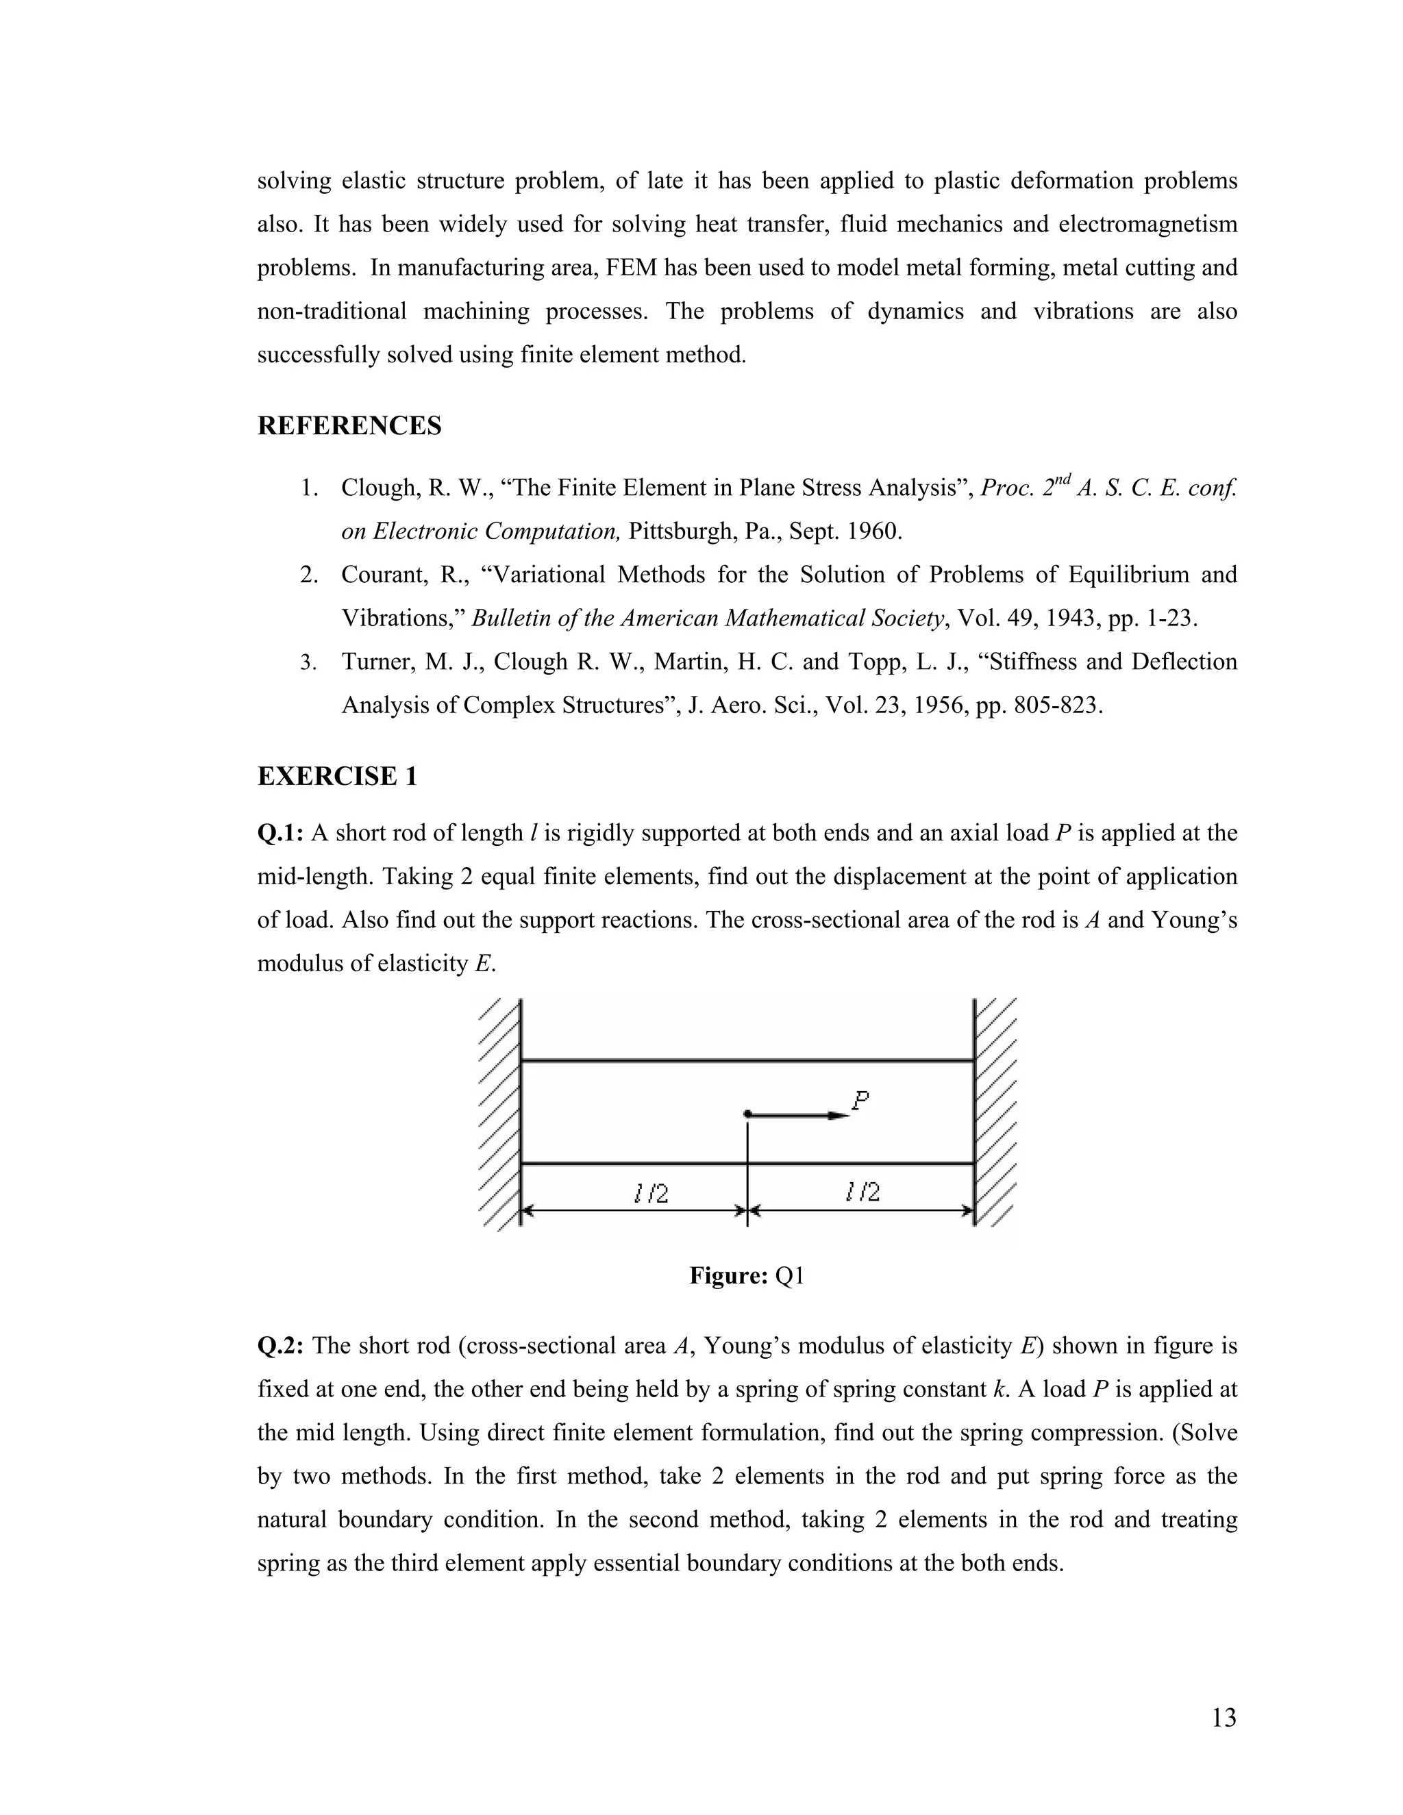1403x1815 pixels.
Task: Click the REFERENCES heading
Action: pos(349,425)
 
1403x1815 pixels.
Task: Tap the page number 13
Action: pos(1224,1718)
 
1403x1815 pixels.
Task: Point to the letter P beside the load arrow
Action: pos(861,1101)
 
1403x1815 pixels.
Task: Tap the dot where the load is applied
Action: pos(748,1114)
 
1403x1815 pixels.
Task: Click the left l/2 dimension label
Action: pos(650,1193)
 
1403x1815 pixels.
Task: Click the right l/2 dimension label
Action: pos(862,1192)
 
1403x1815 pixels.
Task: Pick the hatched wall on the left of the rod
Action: pos(499,1114)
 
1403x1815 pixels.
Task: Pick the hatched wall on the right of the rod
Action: pos(995,1114)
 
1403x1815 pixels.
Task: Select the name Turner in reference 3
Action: pos(377,662)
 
